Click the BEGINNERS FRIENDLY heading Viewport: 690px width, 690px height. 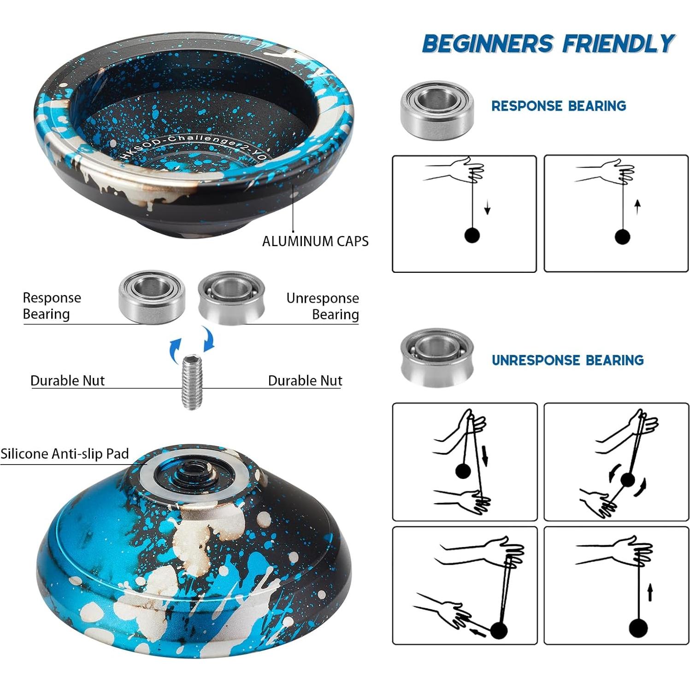pos(548,44)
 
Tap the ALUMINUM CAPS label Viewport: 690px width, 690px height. pos(315,241)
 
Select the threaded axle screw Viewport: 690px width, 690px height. pos(192,382)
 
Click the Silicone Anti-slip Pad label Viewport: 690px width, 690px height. pos(65,454)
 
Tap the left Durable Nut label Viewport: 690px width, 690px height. pos(67,380)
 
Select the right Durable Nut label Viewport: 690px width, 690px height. pos(305,380)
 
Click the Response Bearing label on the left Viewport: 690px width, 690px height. pos(52,306)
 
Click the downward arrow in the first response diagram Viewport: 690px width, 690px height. pos(487,210)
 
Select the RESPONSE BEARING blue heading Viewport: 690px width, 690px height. pos(559,106)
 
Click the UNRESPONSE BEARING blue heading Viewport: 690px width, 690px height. pos(567,360)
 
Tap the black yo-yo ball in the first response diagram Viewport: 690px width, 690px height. pos(472,235)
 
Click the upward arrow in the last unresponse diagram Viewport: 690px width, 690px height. pos(650,592)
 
